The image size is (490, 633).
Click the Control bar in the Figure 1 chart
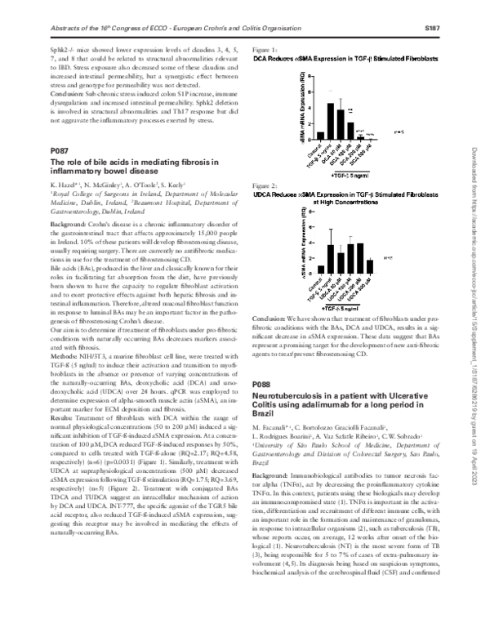[x=320, y=136]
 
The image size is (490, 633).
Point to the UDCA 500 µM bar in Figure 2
[x=370, y=266]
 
